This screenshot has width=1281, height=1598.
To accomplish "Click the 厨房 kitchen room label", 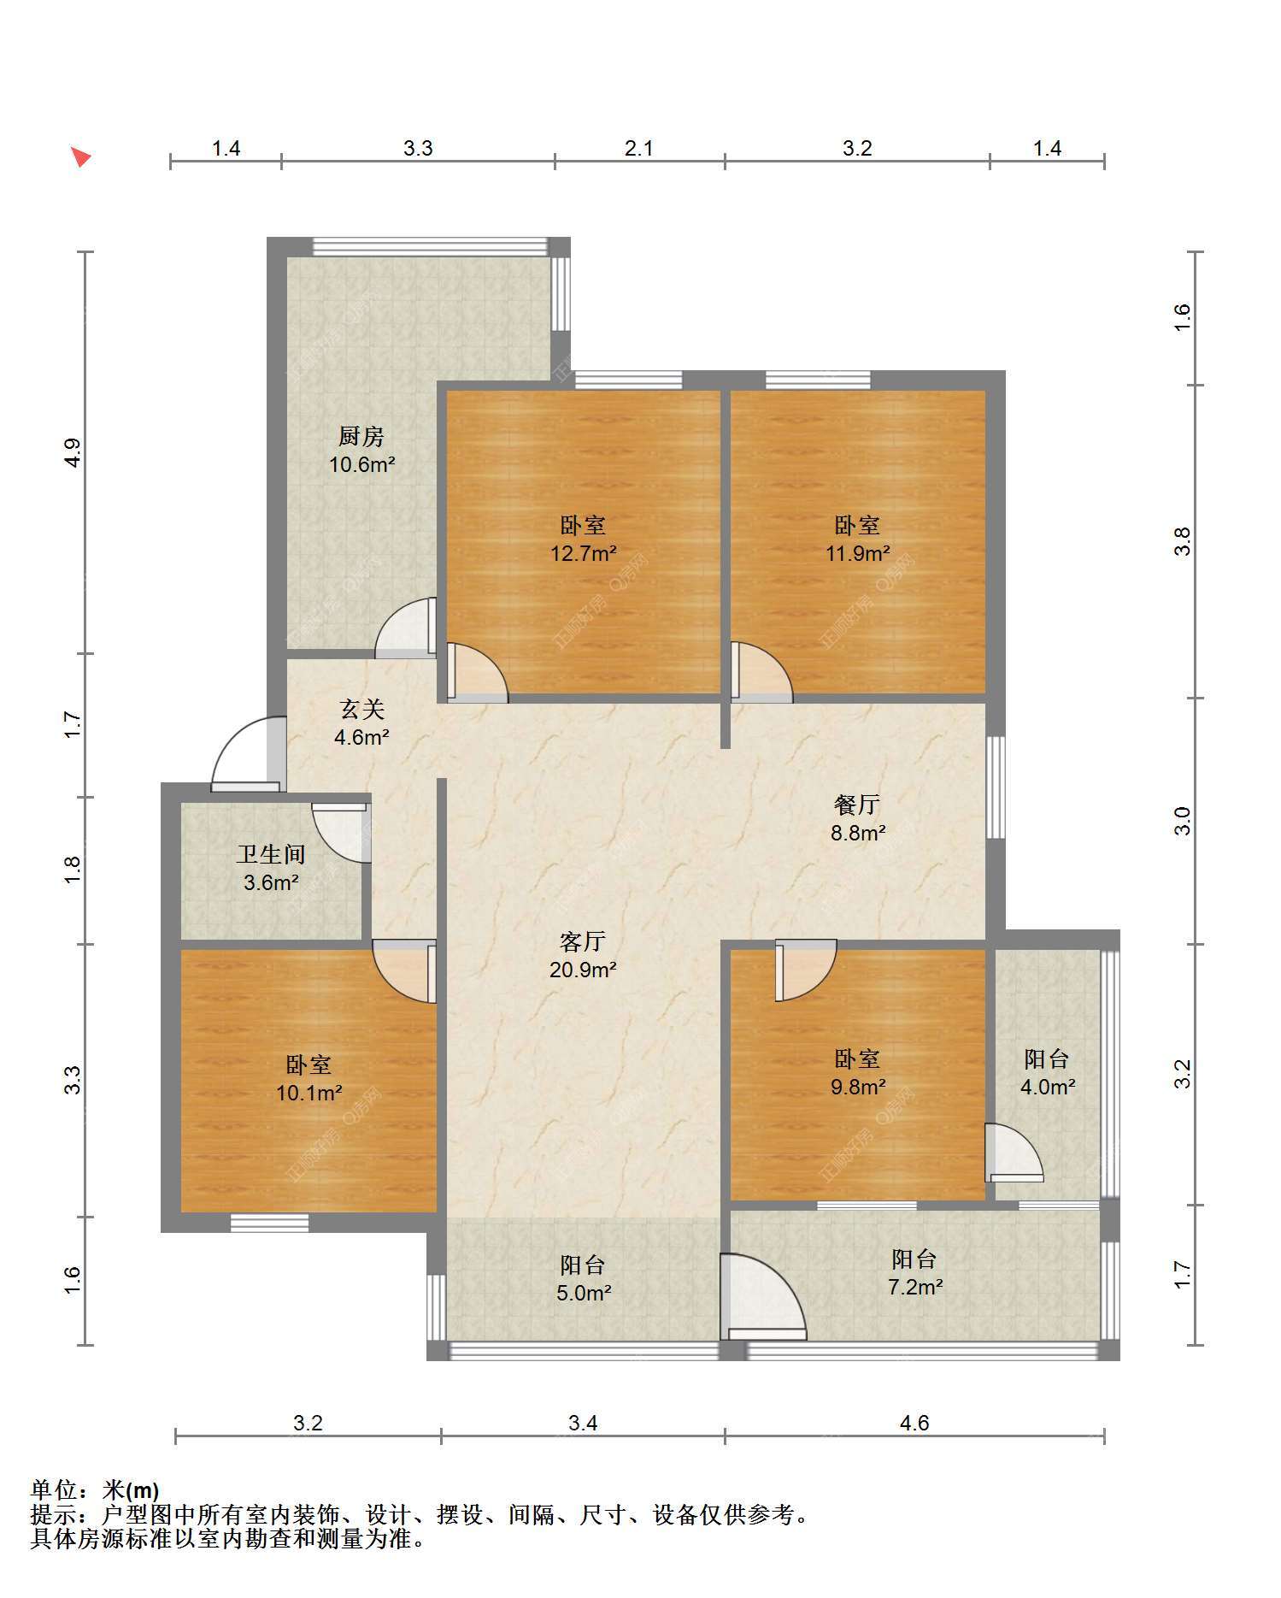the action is pos(361,437).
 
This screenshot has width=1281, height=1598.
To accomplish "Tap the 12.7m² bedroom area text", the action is pos(584,553).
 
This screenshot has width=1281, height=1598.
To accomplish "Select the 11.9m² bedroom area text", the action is pos(857,553).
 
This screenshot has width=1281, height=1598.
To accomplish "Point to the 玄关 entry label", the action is pos(362,709).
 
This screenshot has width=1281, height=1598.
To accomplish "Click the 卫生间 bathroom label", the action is pos(271,854).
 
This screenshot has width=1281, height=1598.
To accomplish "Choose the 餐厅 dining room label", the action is pos(857,805).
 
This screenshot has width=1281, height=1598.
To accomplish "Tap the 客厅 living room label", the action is pos(583,941).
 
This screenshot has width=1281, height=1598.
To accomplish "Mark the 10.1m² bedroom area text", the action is pos(309,1093).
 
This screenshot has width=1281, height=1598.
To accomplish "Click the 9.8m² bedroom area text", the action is pos(858,1087).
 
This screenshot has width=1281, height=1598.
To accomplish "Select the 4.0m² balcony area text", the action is pos(1048,1087).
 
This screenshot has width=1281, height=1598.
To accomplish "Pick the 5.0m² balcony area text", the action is pos(584,1293).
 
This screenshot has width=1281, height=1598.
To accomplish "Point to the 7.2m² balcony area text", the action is pos(915,1287).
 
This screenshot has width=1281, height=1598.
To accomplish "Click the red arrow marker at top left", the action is pos(80,157).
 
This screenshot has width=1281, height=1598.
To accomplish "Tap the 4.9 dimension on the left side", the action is pos(73,452).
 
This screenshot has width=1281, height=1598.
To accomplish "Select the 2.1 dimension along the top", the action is pos(638,148).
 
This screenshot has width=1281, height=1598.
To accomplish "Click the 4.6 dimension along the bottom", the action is pos(914,1423).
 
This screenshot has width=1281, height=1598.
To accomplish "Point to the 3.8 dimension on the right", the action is pos(1182,541).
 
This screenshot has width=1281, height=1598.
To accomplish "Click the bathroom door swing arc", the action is pos(342,833).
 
